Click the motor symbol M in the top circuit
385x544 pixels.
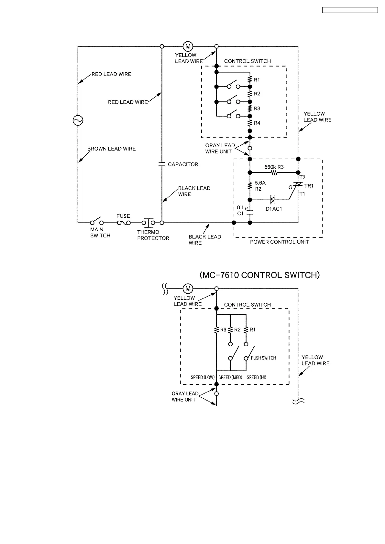(188, 46)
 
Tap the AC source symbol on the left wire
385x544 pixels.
(78, 120)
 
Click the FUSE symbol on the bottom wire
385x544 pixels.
(124, 223)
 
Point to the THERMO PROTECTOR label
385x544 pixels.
(153, 235)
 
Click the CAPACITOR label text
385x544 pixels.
(183, 164)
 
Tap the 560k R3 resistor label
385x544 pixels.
(274, 167)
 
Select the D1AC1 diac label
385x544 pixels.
(274, 209)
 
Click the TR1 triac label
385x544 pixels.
(309, 186)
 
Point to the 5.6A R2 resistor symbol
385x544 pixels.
(250, 186)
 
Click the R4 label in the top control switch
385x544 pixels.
(257, 123)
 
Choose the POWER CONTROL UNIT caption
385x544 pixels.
(280, 242)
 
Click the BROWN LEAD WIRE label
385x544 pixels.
(112, 149)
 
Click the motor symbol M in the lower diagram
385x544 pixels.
(188, 288)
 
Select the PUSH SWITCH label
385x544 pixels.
(263, 358)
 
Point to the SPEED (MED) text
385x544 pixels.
(230, 377)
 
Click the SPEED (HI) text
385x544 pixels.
(256, 377)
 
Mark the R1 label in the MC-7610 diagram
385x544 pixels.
(253, 330)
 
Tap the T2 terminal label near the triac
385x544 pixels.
(302, 178)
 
